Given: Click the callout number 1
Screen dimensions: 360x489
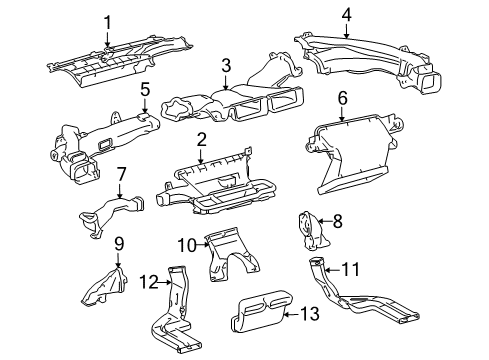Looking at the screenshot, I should point(108,21).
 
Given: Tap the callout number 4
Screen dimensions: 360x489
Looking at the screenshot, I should point(346,15).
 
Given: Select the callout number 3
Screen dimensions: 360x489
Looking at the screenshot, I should point(227,65).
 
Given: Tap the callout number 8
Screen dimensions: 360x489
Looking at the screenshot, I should point(337,222).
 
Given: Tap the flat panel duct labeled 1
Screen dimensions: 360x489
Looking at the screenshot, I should point(118,63).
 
